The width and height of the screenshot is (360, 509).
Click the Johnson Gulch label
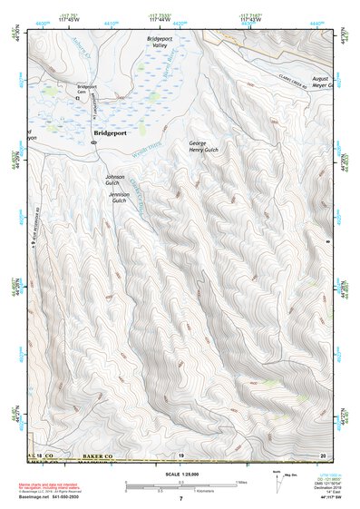click(x=114, y=180)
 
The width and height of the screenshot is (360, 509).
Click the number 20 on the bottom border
click(x=322, y=454)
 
